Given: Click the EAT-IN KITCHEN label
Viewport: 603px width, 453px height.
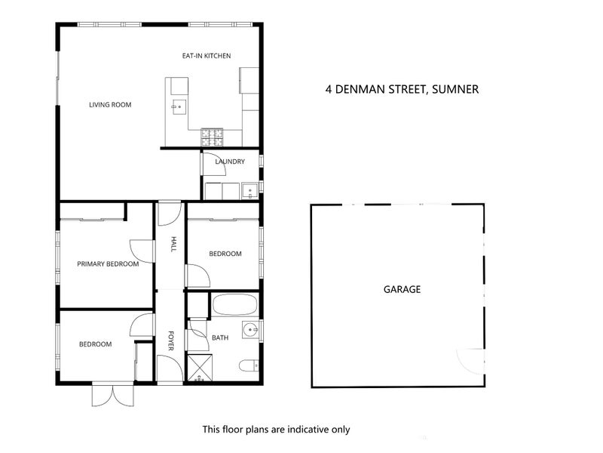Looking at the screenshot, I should pyautogui.click(x=206, y=56).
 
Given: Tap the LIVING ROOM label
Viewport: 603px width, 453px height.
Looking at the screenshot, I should pyautogui.click(x=110, y=105).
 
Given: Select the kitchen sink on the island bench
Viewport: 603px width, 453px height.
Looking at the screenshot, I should pyautogui.click(x=179, y=106).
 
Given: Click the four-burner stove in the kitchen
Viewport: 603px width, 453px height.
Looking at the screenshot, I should pyautogui.click(x=211, y=137).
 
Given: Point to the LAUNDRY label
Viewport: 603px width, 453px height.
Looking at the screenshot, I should pyautogui.click(x=229, y=162).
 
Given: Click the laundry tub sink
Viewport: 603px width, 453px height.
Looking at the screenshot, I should pyautogui.click(x=249, y=191).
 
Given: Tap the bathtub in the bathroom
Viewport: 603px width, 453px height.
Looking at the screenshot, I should pyautogui.click(x=234, y=306).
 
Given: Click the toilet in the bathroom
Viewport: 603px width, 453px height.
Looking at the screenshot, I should pyautogui.click(x=247, y=368).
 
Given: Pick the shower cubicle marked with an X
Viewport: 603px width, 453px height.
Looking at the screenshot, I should pyautogui.click(x=199, y=367).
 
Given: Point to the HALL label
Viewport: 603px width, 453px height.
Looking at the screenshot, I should pyautogui.click(x=173, y=245).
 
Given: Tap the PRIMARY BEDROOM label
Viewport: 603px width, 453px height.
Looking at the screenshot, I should pyautogui.click(x=108, y=264).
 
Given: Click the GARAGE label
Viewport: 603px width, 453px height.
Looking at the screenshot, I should pyautogui.click(x=402, y=289).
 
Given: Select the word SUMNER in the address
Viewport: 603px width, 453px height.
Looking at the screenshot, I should pyautogui.click(x=455, y=89).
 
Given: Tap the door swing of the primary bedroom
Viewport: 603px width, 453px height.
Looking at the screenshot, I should pyautogui.click(x=141, y=251).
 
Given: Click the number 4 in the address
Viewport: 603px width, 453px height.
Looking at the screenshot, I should pyautogui.click(x=328, y=89).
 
